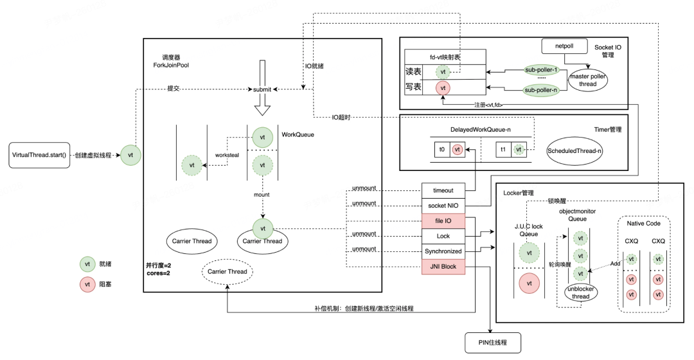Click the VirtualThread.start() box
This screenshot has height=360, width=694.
39,156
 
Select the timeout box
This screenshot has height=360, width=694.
443,190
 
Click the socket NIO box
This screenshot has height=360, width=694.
443,206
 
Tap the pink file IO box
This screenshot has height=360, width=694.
443,221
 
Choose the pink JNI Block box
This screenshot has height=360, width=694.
443,267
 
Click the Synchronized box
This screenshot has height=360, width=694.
443,251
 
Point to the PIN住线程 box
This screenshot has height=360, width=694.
492,343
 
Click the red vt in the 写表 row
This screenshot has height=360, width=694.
442,87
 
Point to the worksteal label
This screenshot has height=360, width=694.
227,156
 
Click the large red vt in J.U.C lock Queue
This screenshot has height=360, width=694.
529,283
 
